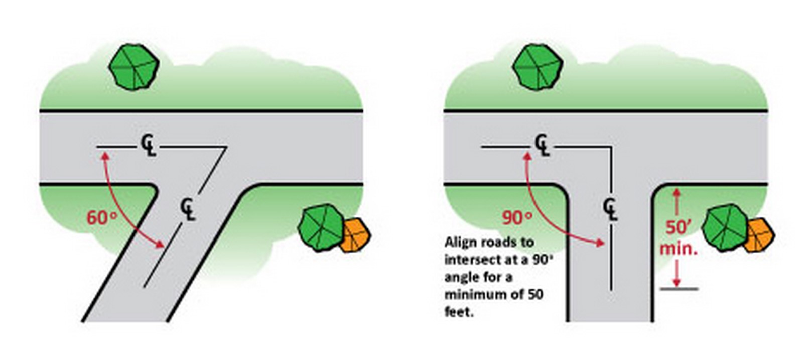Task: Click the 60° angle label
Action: (x=102, y=217)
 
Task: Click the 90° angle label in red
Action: (x=516, y=217)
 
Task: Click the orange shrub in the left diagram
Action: (x=355, y=235)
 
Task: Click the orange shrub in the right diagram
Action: (x=758, y=235)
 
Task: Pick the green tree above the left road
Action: (x=134, y=67)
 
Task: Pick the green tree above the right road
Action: (x=538, y=67)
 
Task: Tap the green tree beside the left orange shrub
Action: (x=321, y=227)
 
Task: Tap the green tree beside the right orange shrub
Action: (x=725, y=227)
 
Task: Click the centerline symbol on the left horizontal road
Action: (x=149, y=145)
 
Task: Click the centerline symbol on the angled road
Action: (x=188, y=209)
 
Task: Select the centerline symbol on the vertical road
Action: (x=610, y=209)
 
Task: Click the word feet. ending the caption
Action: (x=459, y=311)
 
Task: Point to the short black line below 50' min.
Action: (x=680, y=289)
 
